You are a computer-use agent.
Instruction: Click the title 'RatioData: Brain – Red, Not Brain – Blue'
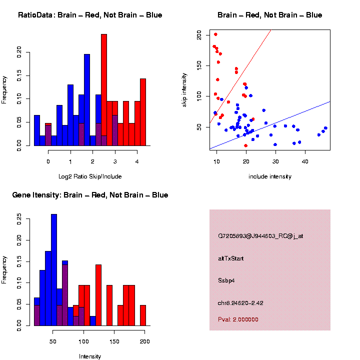tap(90, 15)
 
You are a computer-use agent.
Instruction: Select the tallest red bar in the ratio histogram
tap(104, 90)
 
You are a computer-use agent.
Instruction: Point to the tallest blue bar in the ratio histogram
tap(87, 100)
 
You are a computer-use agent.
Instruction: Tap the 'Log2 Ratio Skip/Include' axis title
tap(89, 176)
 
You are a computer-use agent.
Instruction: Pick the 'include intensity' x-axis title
tap(270, 176)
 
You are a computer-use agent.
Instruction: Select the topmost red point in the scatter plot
tap(215, 34)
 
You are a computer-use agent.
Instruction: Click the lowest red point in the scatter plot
tap(245, 145)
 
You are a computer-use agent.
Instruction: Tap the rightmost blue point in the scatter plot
tap(325, 128)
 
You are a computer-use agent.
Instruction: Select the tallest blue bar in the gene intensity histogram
tap(54, 270)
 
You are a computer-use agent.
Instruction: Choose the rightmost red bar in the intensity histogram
tap(142, 315)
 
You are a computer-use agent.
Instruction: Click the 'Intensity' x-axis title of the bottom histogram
tap(90, 356)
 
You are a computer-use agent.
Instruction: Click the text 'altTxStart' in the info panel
tap(231, 258)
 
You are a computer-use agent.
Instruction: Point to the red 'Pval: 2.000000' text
tap(238, 319)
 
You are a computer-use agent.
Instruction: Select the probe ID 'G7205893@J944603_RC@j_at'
tap(260, 236)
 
